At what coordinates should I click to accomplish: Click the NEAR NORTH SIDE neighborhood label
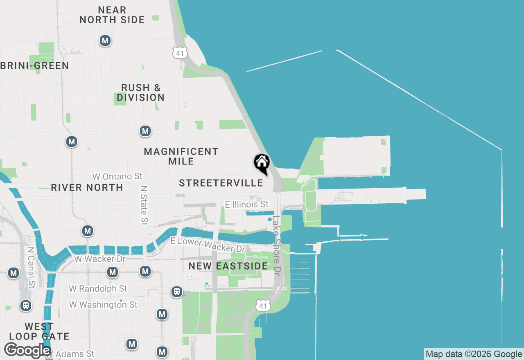click(x=112, y=15)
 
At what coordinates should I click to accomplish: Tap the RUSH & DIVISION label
click(x=141, y=92)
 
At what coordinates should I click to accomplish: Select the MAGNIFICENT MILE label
click(x=181, y=156)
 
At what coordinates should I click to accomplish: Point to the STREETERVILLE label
click(x=221, y=183)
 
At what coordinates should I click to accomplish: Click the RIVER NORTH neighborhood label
click(x=87, y=187)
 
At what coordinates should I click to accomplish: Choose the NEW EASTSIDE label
click(x=228, y=266)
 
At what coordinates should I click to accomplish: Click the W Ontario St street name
click(x=117, y=176)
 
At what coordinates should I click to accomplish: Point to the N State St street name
click(x=144, y=205)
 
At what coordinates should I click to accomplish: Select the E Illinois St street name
click(x=247, y=204)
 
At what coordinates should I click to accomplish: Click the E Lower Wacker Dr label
click(x=208, y=245)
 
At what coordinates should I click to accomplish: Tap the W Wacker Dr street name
click(x=100, y=259)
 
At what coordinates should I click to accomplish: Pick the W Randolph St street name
click(x=98, y=288)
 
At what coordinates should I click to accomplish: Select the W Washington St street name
click(x=103, y=304)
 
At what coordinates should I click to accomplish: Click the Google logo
click(x=27, y=350)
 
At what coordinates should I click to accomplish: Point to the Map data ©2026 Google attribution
click(x=474, y=354)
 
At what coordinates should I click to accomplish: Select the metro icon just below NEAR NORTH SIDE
click(x=105, y=40)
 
